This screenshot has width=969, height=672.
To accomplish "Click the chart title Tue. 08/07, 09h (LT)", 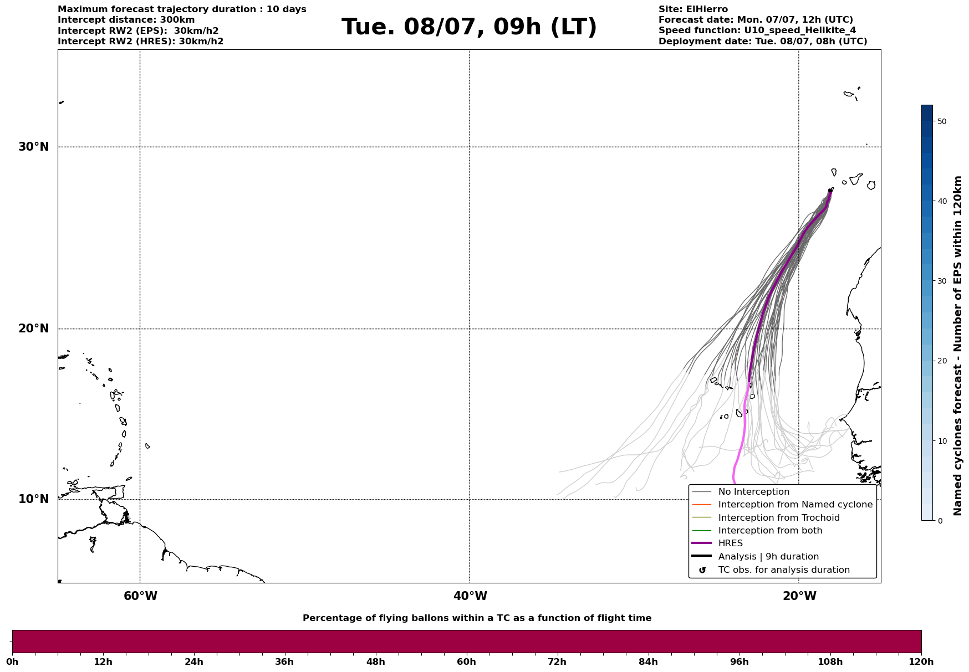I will [469, 27].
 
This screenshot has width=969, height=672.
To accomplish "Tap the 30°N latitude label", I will [33, 147].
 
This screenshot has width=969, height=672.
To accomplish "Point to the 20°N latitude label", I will [33, 329].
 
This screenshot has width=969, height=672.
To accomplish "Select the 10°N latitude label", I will [33, 499].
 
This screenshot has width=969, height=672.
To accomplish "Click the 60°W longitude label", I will [140, 596].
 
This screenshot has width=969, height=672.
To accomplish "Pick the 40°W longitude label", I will [470, 596].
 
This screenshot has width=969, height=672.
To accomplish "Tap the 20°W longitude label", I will [799, 596].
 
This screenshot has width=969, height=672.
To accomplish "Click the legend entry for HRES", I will [730, 543].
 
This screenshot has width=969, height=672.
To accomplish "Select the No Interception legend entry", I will [753, 492].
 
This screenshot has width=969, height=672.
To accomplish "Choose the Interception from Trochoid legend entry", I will [778, 518].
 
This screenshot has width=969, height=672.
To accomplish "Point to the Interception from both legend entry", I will [770, 531].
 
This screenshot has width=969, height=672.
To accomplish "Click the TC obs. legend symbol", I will [702, 570].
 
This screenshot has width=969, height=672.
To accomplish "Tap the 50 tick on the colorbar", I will [941, 121].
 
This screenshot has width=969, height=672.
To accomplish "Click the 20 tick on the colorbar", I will [941, 361].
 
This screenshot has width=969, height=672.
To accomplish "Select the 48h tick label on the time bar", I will [375, 661].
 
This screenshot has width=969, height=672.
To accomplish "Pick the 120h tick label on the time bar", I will [921, 661].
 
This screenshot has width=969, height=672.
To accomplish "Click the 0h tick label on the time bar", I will [13, 661].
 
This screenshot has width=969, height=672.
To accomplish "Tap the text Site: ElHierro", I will [693, 9].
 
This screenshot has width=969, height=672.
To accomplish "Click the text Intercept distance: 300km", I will [126, 20].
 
